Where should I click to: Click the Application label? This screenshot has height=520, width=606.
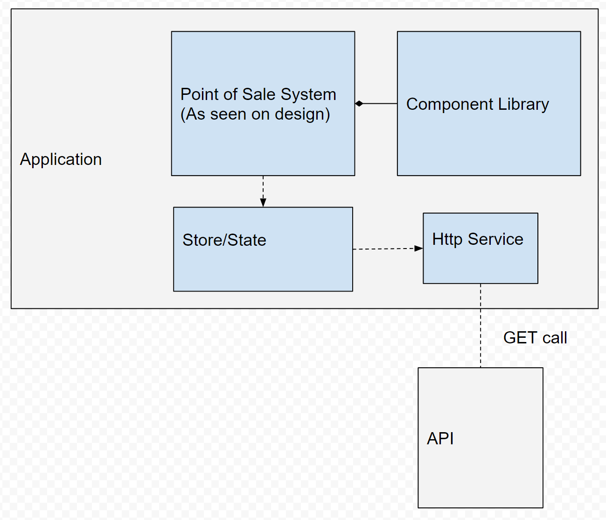(61, 160)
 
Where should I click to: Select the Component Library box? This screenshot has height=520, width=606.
(488, 140)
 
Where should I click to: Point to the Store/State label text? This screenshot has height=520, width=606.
(224, 240)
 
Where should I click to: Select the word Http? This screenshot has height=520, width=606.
(447, 239)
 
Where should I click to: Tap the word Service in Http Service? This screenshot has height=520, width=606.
(495, 239)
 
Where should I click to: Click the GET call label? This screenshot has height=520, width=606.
(535, 338)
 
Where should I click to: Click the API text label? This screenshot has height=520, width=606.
(440, 439)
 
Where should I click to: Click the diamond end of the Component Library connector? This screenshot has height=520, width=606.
(359, 104)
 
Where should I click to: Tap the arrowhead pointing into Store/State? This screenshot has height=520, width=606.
(263, 202)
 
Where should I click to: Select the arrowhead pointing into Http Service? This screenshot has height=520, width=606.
(418, 249)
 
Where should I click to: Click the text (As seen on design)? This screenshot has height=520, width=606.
(255, 114)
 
